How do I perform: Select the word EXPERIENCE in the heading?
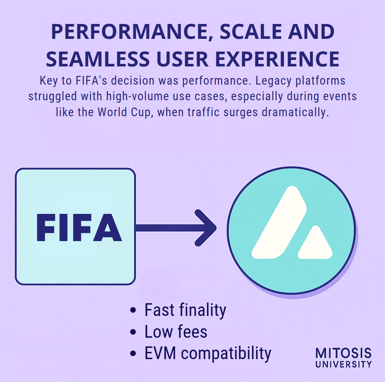pyautogui.click(x=277, y=59)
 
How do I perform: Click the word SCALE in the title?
pyautogui.click(x=251, y=32)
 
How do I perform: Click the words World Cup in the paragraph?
pyautogui.click(x=124, y=113)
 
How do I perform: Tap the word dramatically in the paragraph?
pyautogui.click(x=295, y=113)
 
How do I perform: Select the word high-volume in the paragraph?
pyautogui.click(x=138, y=97)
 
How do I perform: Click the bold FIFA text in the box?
pyautogui.click(x=79, y=228)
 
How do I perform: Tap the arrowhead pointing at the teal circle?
pyautogui.click(x=206, y=228)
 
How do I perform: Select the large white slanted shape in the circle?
pyautogui.click(x=279, y=223)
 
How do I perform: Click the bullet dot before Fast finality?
pyautogui.click(x=133, y=310)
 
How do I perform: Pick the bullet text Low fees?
pyautogui.click(x=176, y=332)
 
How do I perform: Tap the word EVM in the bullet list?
pyautogui.click(x=160, y=353)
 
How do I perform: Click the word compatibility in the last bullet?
pyautogui.click(x=226, y=354)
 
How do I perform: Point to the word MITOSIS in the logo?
pyautogui.click(x=344, y=353)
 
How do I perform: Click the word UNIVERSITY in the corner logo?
pyautogui.click(x=344, y=364)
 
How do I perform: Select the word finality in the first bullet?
pyautogui.click(x=203, y=310)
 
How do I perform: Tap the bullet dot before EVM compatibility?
pyautogui.click(x=133, y=354)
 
